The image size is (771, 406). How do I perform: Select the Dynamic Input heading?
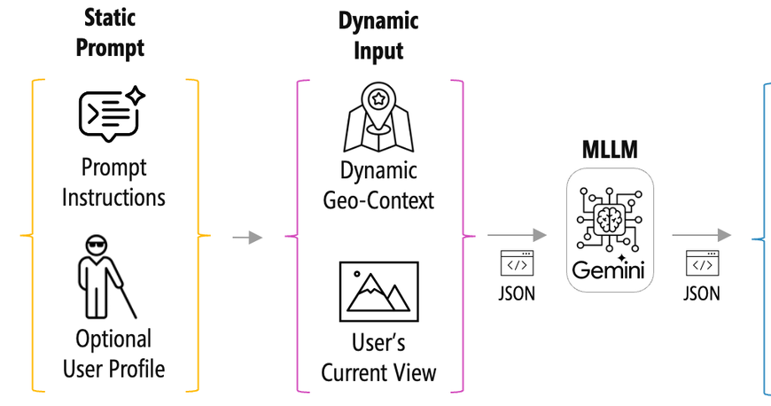pos(378,35)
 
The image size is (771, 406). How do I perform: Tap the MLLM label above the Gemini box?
pos(609,147)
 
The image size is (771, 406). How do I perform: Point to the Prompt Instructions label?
pos(113,182)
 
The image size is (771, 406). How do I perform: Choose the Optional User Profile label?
pos(113,352)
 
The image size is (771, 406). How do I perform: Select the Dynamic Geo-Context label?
pos(378,185)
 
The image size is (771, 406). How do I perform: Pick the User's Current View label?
pos(378,358)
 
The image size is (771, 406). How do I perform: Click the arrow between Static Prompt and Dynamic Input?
pos(247,238)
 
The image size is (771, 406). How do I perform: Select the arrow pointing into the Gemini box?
pos(517,236)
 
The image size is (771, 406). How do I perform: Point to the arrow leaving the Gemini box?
pos(701,236)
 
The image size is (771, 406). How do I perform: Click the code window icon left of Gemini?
pos(517,263)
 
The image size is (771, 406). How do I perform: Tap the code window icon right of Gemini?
pos(702,263)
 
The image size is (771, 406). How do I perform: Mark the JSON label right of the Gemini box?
pos(702,293)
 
